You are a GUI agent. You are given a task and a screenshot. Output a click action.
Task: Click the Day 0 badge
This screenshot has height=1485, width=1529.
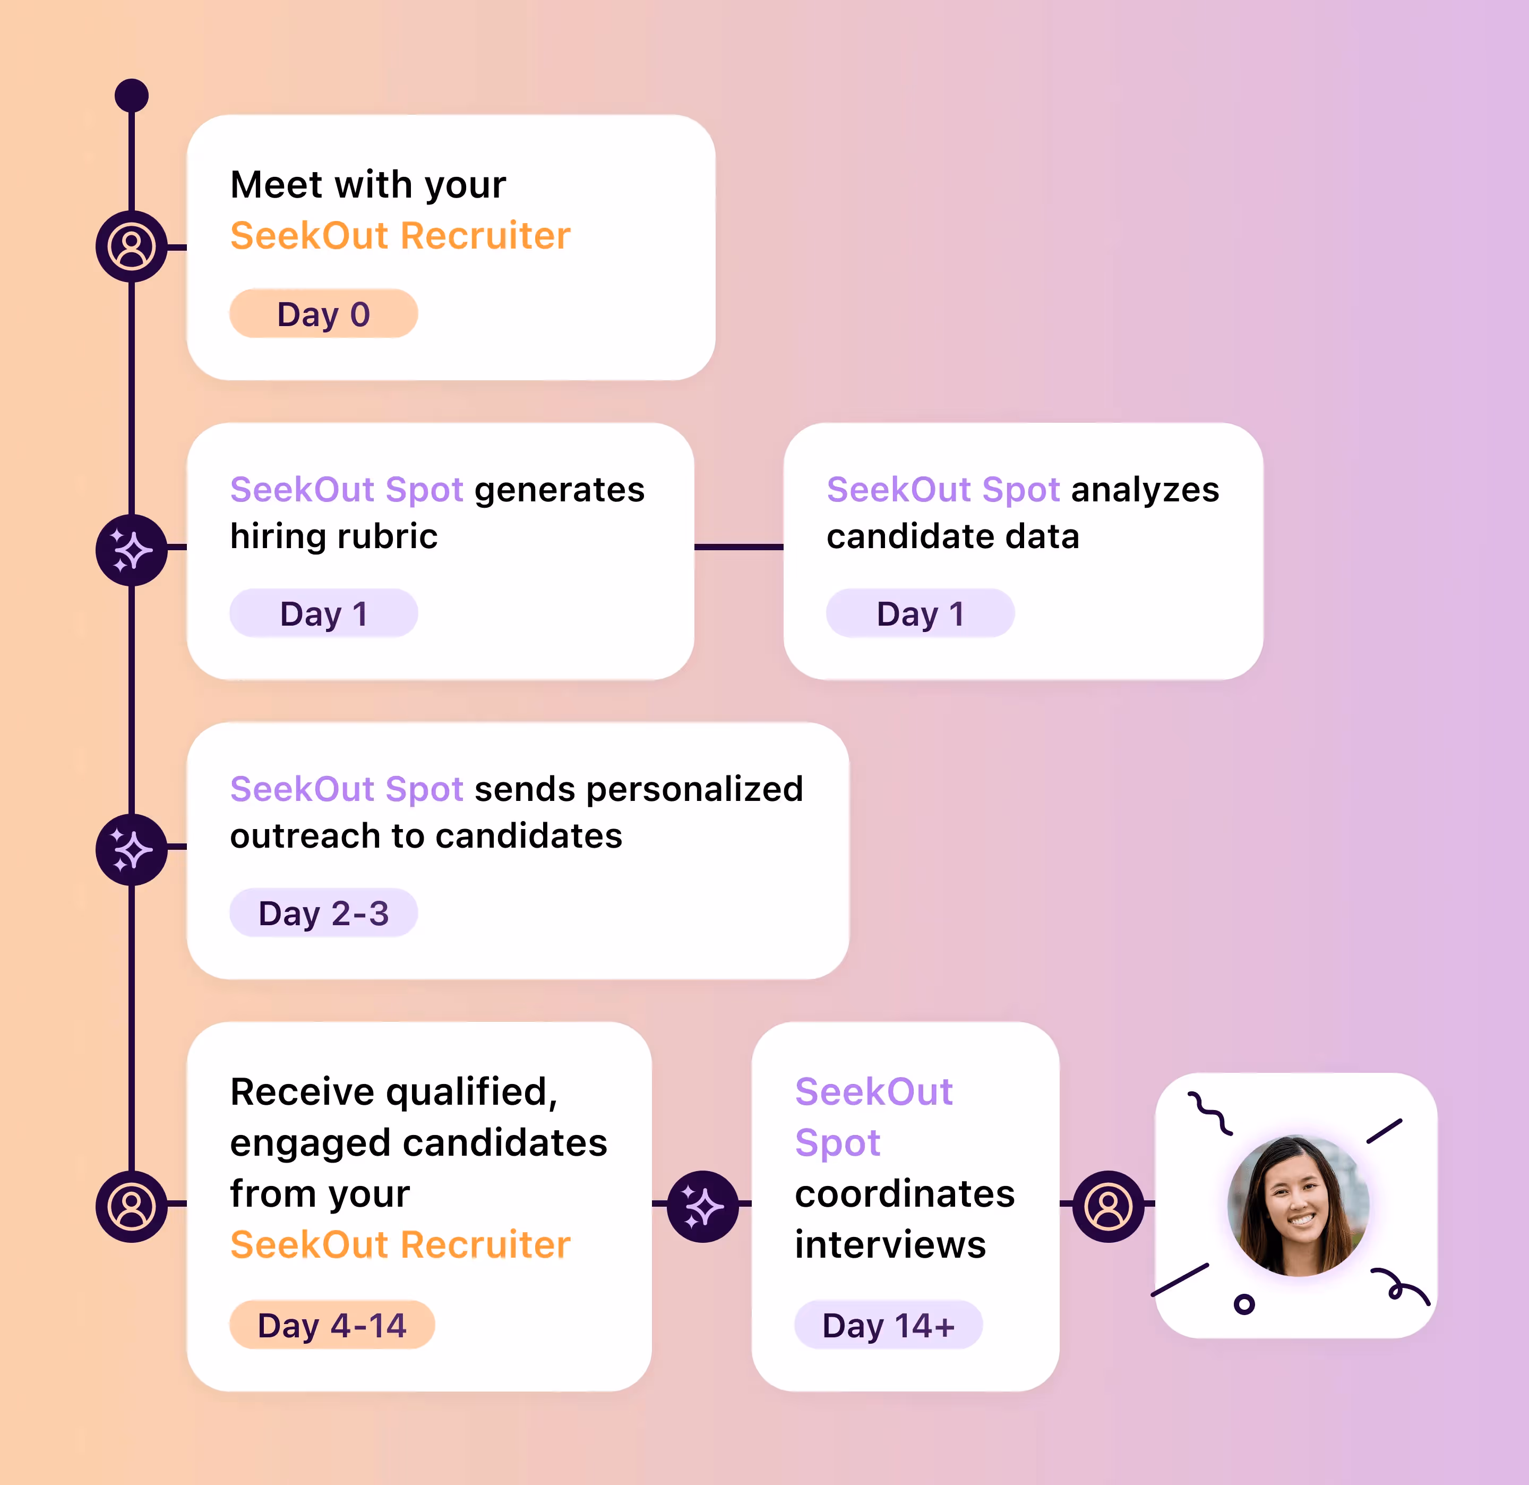pyautogui.click(x=323, y=314)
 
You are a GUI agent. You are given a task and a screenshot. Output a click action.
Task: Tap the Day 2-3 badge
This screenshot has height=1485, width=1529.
pyautogui.click(x=323, y=912)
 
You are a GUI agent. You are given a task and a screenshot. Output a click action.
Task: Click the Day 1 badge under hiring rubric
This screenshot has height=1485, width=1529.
pyautogui.click(x=323, y=613)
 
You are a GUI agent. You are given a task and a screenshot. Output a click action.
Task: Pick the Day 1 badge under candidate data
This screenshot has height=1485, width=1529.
pyautogui.click(x=920, y=613)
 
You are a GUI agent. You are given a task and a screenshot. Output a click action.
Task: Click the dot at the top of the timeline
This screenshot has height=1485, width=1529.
pyautogui.click(x=131, y=95)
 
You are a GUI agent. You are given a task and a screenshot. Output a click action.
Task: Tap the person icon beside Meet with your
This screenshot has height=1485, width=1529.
pyautogui.click(x=131, y=246)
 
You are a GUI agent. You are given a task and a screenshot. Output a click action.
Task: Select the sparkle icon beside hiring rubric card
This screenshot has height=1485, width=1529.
pyautogui.click(x=131, y=550)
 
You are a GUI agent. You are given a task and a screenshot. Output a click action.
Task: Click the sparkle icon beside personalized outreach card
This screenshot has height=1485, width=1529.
pyautogui.click(x=131, y=849)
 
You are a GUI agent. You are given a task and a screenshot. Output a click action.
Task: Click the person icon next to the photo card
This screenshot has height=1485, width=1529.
pyautogui.click(x=1108, y=1206)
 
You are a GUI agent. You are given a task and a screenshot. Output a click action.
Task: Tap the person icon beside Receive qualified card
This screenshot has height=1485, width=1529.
pyautogui.click(x=131, y=1206)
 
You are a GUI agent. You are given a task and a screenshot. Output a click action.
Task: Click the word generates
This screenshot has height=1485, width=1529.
pyautogui.click(x=560, y=490)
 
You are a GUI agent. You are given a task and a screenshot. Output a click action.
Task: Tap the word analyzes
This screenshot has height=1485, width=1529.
pyautogui.click(x=1145, y=490)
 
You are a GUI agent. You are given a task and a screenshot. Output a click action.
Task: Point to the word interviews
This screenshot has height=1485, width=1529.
pyautogui.click(x=890, y=1244)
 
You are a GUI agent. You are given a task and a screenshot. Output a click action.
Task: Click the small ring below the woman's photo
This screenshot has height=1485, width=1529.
pyautogui.click(x=1244, y=1303)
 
